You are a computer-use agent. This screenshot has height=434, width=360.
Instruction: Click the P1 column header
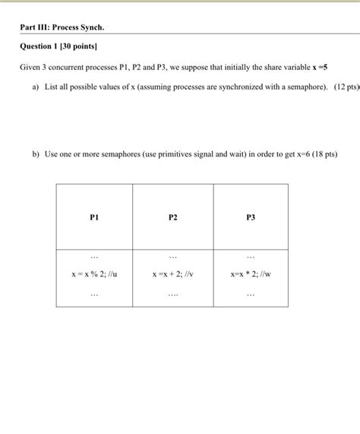coord(93,217)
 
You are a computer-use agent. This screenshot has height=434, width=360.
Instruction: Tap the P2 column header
coord(172,217)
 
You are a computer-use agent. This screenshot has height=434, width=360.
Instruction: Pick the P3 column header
coord(251,217)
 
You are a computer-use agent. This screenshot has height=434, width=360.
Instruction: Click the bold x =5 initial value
coord(322,67)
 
